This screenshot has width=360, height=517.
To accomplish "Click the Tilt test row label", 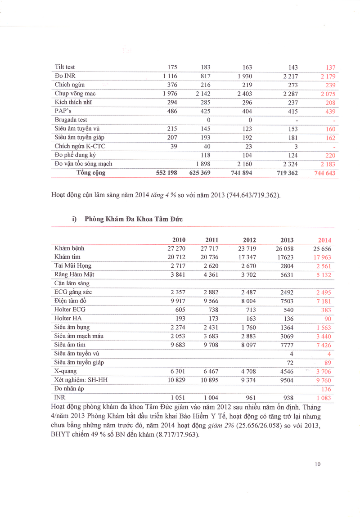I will click(65, 67).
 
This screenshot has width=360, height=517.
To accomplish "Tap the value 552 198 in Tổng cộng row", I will click(166, 173).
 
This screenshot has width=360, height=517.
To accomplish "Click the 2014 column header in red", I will click(324, 240).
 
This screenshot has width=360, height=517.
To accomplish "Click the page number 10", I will click(318, 464).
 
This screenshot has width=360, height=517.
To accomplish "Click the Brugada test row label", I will click(71, 120).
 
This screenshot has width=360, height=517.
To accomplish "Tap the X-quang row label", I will click(65, 371).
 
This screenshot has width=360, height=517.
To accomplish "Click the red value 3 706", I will click(323, 372).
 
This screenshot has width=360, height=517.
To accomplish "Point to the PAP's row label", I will click(63, 111).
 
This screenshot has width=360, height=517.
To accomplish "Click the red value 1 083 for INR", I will click(323, 398).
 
